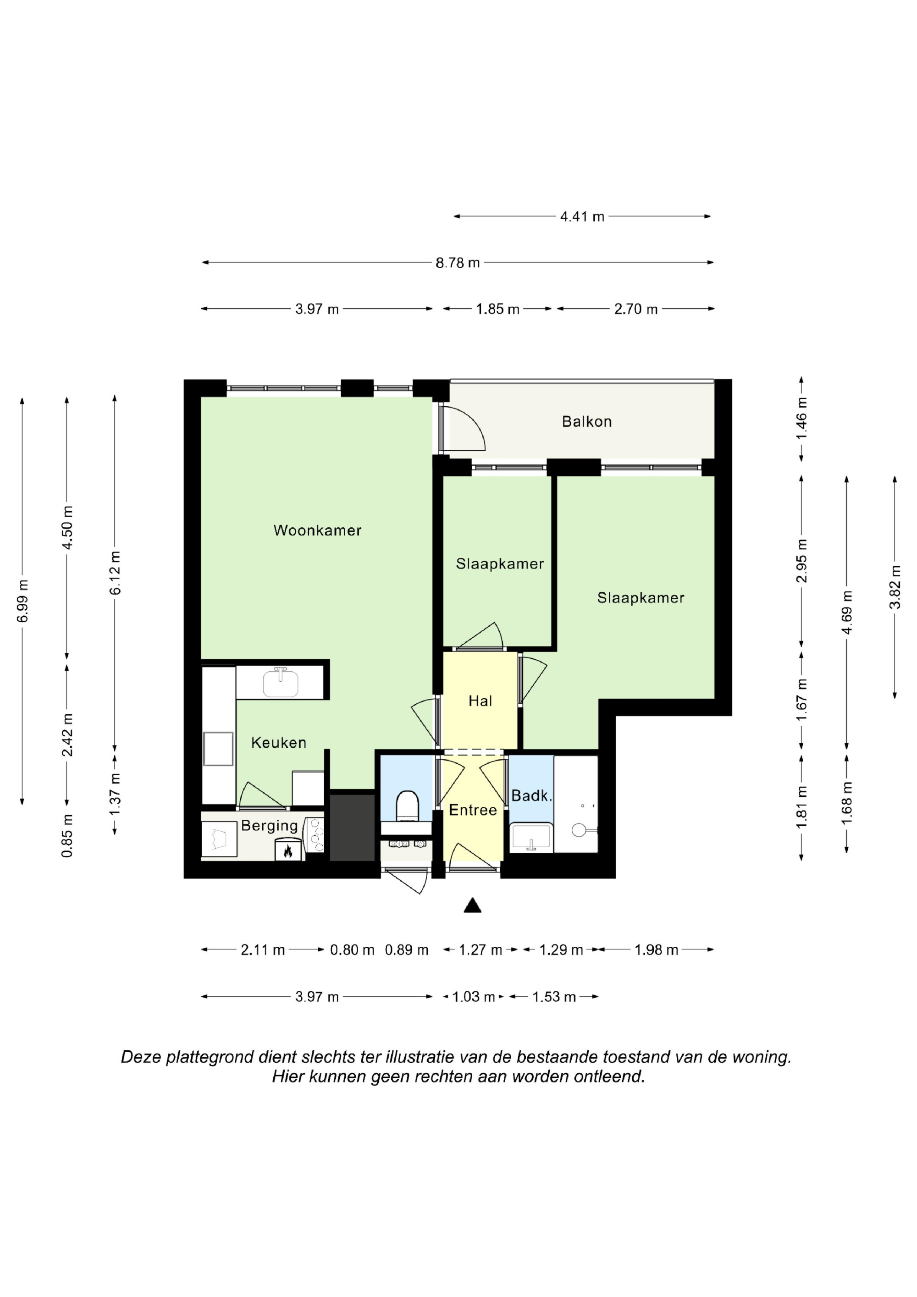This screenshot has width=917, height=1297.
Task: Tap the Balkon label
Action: [x=586, y=421]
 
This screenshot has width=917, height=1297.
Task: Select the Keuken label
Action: [x=279, y=743]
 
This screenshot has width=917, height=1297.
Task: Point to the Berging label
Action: [x=270, y=826]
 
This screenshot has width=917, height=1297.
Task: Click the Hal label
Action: [x=480, y=701]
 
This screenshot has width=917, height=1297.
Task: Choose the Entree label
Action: [x=473, y=810]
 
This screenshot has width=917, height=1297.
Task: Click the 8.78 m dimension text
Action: [x=458, y=263]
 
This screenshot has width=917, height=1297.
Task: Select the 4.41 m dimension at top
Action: [x=582, y=216]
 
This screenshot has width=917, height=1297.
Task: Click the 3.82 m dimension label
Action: [x=895, y=587]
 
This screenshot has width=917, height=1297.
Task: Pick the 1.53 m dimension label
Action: [x=554, y=997]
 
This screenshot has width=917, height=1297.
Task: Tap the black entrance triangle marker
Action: [x=472, y=905]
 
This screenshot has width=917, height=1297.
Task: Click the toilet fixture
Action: [x=407, y=806]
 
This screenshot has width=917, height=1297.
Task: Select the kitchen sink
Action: [x=280, y=683]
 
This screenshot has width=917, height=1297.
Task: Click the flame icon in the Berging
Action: [x=288, y=850]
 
